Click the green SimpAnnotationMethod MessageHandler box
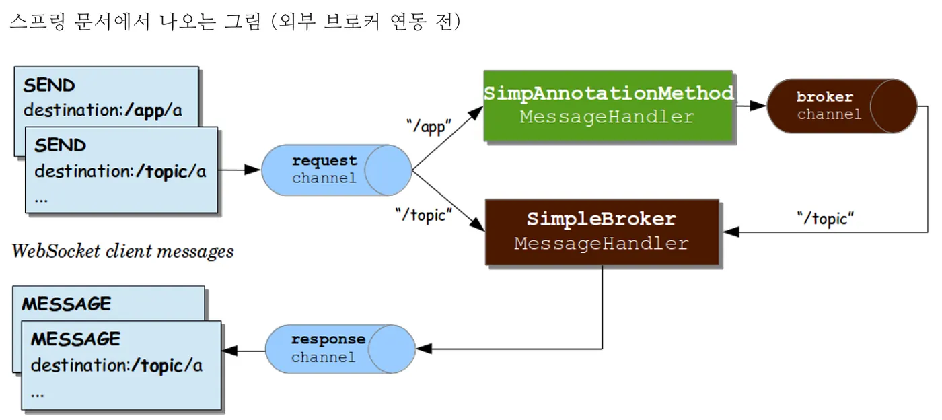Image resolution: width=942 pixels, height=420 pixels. (608, 106)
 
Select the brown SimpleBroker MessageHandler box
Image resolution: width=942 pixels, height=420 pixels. (602, 232)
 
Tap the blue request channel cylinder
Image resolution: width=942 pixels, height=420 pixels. (336, 170)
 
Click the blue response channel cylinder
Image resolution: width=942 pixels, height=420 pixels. (339, 348)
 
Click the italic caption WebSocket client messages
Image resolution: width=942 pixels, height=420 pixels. (122, 252)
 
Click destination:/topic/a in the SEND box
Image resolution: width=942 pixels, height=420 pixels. (120, 172)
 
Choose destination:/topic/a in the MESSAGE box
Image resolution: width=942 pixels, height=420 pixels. (116, 366)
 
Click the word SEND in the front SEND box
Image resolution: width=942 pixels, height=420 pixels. (60, 145)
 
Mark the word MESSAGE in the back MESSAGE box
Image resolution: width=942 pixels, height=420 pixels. (66, 304)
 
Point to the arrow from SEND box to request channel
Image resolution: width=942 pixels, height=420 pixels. (240, 170)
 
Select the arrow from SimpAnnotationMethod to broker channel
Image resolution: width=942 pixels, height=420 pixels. (750, 106)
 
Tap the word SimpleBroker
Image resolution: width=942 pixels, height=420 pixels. (601, 219)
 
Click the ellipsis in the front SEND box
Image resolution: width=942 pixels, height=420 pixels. (42, 199)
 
